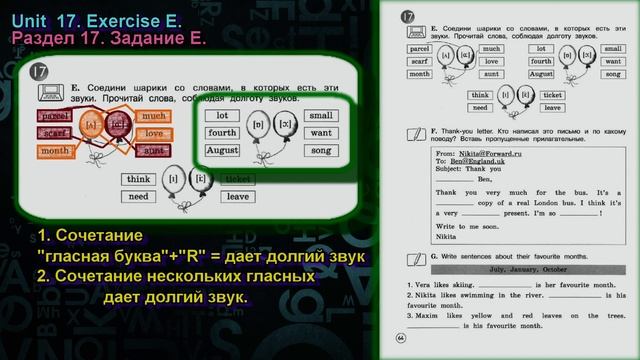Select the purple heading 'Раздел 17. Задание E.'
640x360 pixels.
(x=111, y=38)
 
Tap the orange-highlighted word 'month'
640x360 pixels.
(x=57, y=149)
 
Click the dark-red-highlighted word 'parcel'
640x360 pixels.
(x=55, y=116)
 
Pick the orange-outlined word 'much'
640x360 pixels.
(x=152, y=116)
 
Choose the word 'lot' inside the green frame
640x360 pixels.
(x=221, y=115)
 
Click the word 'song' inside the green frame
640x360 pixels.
(x=320, y=151)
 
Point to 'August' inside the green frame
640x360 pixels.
(x=222, y=151)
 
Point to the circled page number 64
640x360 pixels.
(x=401, y=336)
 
